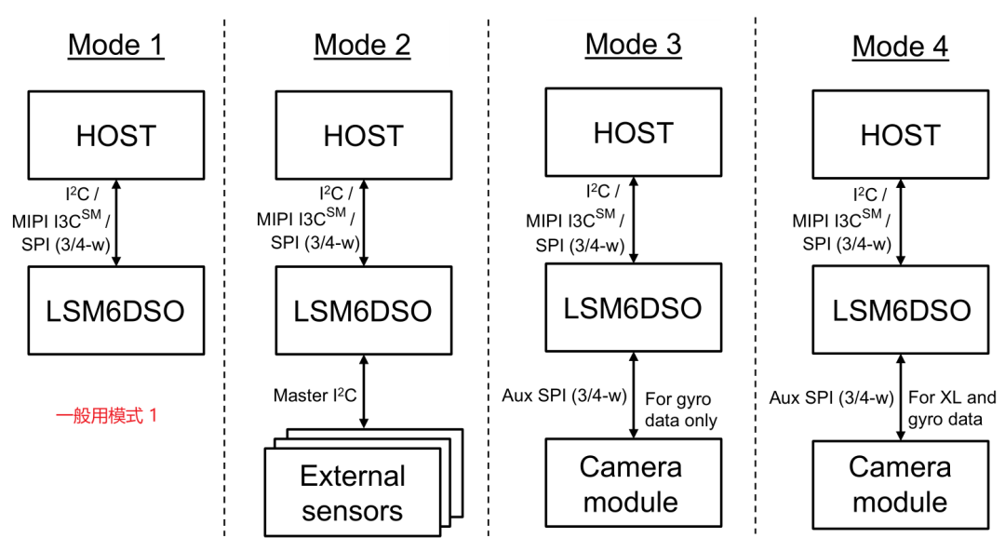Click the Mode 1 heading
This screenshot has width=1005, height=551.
pyautogui.click(x=115, y=45)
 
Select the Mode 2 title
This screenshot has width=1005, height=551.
pyautogui.click(x=362, y=45)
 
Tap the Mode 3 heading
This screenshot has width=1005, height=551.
pyautogui.click(x=633, y=44)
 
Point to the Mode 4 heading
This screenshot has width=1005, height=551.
pyautogui.click(x=900, y=46)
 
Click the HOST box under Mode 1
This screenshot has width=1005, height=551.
pyautogui.click(x=115, y=135)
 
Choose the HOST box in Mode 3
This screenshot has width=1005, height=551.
pyautogui.click(x=633, y=133)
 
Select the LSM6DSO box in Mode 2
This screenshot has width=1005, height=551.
pyautogui.click(x=362, y=311)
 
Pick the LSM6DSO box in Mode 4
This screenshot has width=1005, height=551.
pyautogui.click(x=900, y=310)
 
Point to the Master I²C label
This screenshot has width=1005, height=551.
pyautogui.click(x=314, y=396)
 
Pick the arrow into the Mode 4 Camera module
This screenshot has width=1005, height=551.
pyautogui.click(x=900, y=396)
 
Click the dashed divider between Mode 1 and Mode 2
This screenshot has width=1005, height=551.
pyautogui.click(x=224, y=279)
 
